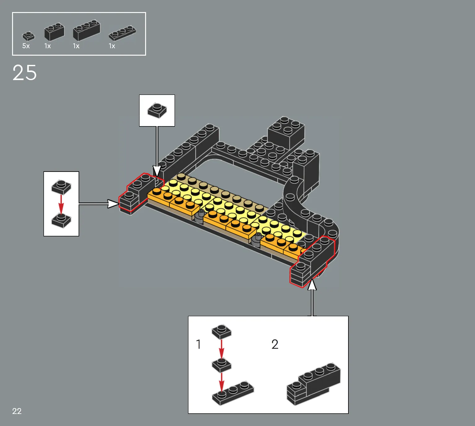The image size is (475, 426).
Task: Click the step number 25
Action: pos(25,73)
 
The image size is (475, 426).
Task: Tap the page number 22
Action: pos(17,411)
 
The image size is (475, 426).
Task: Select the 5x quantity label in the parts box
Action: pos(26,46)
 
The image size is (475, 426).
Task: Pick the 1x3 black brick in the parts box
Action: pos(87,30)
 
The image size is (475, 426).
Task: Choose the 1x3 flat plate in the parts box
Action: pos(122,33)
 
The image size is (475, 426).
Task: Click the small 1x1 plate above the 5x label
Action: pos(28,36)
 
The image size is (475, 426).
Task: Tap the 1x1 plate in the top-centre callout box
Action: pos(157,110)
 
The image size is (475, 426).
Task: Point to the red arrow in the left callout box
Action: pos(61,204)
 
